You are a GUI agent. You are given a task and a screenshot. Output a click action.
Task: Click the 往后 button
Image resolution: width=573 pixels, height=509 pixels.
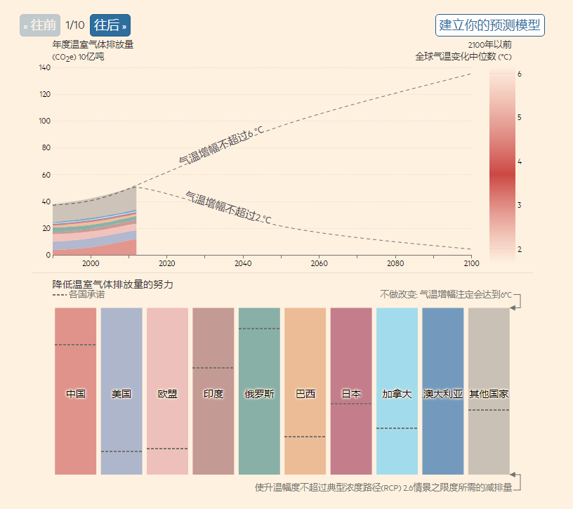point(110,25)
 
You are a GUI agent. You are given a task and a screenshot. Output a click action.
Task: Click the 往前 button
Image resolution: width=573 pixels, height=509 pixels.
point(40,25)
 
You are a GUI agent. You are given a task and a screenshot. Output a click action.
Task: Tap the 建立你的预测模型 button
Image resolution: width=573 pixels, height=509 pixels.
point(489,25)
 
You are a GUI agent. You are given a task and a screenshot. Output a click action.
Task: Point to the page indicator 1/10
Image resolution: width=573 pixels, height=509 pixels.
point(75,25)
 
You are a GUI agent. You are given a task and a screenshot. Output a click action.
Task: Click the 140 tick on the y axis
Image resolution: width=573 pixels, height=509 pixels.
point(44,68)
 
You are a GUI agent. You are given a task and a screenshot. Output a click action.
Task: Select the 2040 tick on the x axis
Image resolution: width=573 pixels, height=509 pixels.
point(243,263)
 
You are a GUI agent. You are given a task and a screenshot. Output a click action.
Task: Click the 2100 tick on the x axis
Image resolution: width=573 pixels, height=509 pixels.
point(471,263)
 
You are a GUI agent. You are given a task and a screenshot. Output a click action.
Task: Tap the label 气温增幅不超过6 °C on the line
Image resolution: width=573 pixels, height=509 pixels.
point(221,146)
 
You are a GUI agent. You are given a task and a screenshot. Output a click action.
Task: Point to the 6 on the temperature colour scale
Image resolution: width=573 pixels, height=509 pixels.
point(519,74)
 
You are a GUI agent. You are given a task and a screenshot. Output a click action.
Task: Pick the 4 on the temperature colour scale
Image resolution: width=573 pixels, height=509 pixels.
point(519,161)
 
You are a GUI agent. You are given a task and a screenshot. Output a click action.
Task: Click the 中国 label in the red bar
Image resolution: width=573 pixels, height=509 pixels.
point(76,394)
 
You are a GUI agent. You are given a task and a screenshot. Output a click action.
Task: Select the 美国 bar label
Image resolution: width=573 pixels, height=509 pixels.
point(121,394)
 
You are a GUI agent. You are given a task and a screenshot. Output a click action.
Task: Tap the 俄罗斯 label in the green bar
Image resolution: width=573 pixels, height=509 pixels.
point(259,394)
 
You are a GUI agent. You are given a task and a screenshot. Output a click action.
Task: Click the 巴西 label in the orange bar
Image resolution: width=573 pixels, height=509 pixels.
point(305,394)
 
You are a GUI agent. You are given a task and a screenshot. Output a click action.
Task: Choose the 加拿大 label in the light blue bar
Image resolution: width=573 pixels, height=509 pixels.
point(397,394)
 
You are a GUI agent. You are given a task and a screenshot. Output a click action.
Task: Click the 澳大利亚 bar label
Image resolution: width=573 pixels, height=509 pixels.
point(443,394)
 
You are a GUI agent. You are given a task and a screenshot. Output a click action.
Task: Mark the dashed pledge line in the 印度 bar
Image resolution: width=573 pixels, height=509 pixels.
point(213,368)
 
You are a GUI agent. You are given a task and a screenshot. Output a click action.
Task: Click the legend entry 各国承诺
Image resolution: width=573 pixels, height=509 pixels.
point(86,295)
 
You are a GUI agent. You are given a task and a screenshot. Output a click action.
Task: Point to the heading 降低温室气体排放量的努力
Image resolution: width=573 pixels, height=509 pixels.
point(112,284)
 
